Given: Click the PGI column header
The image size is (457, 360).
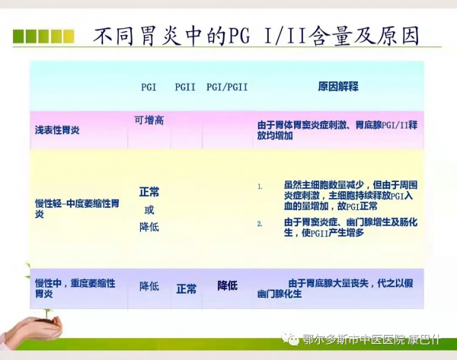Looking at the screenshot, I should pyautogui.click(x=149, y=87).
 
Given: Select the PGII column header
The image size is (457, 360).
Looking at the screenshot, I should pyautogui.click(x=185, y=87).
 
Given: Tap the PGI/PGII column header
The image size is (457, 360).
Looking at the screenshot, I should pyautogui.click(x=226, y=87).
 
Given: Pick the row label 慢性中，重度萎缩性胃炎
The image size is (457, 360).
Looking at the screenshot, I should pyautogui.click(x=75, y=287).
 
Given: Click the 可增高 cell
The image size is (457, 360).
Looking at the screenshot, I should pyautogui.click(x=149, y=119).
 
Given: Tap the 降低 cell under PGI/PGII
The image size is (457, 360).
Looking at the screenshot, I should pyautogui.click(x=227, y=285).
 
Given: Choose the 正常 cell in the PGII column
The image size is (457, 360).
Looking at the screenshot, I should pyautogui.click(x=186, y=288).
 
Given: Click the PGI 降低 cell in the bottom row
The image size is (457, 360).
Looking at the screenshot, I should pyautogui.click(x=149, y=286).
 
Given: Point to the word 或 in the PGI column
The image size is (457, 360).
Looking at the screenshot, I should pyautogui.click(x=149, y=209).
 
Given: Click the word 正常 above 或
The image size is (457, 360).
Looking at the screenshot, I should pyautogui.click(x=149, y=192).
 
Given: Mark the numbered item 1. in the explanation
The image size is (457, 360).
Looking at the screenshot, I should pyautogui.click(x=260, y=186).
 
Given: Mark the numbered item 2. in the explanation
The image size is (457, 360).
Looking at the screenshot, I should pyautogui.click(x=260, y=223).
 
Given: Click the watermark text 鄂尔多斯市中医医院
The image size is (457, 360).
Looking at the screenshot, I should pyautogui.click(x=356, y=341).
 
